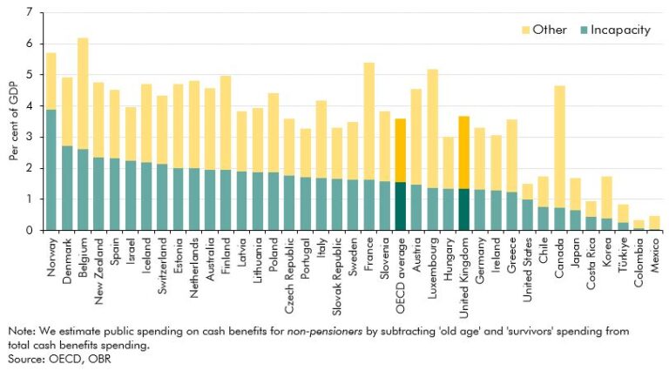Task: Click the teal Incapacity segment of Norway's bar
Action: point(51,170)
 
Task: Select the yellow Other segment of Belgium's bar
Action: point(83,93)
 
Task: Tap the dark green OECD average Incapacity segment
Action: point(400,206)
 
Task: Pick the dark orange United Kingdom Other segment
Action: point(463,152)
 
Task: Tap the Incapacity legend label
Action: point(620,30)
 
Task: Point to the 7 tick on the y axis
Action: point(30,13)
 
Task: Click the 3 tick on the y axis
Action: point(30,137)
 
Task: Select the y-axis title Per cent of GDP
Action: point(11,122)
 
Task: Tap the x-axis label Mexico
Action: point(655,253)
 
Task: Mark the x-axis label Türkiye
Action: point(623,253)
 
